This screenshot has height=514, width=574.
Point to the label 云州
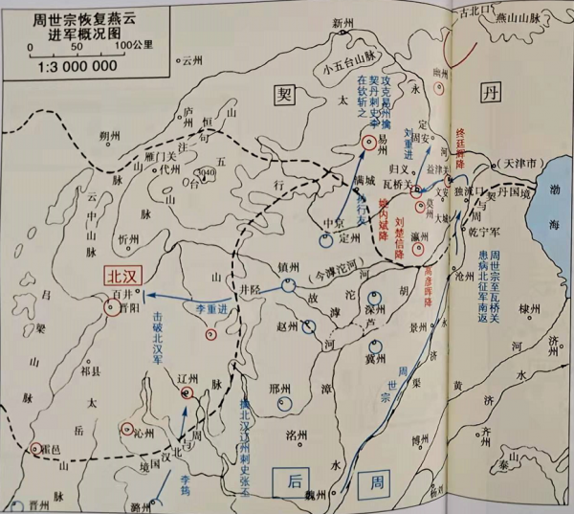[x=194, y=59]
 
